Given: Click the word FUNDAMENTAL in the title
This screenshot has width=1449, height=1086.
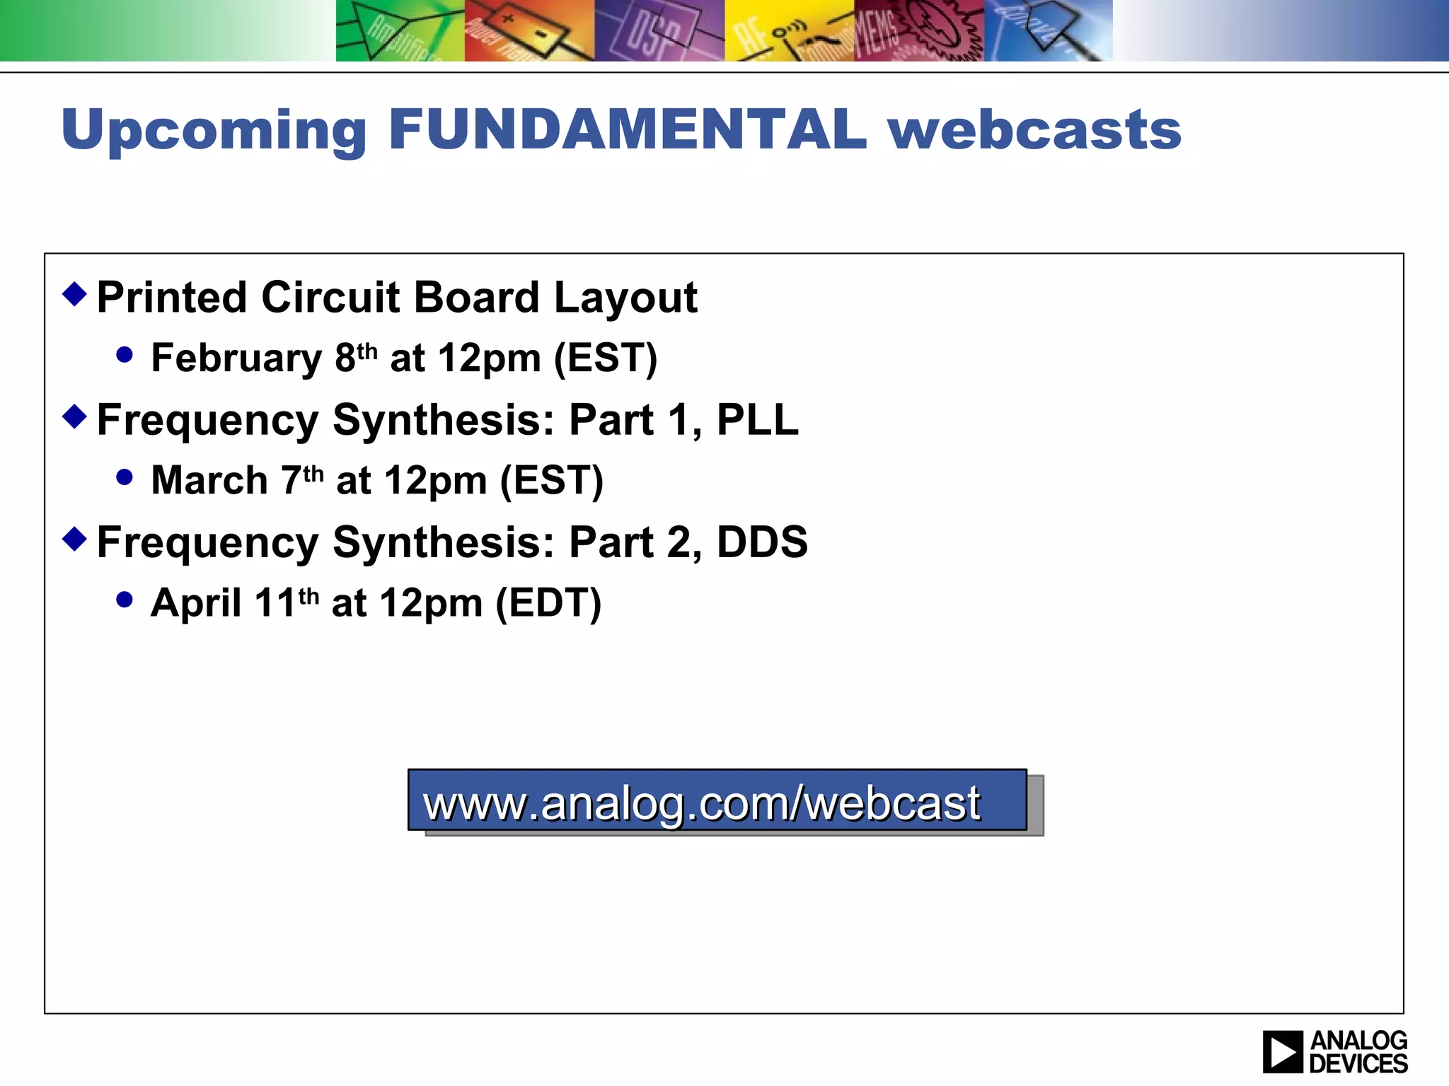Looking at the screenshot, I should (x=627, y=129).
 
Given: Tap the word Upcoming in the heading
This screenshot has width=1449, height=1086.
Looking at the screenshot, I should (x=214, y=131).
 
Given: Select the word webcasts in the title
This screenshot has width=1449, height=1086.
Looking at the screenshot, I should (x=1034, y=129).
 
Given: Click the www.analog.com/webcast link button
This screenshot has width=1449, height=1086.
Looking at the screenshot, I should (x=717, y=800).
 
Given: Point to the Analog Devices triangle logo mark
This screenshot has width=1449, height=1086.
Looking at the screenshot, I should (x=1282, y=1052).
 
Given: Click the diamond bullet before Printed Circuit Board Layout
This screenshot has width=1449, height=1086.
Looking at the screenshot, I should (x=74, y=293).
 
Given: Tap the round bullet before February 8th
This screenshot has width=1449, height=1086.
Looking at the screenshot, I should (x=125, y=355).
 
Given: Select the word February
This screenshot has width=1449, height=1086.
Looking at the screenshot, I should (x=236, y=358).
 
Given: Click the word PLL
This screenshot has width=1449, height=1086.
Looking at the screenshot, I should (x=757, y=420).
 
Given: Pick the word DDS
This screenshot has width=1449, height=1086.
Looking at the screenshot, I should (x=761, y=542).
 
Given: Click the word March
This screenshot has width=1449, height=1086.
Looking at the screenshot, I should (x=209, y=481).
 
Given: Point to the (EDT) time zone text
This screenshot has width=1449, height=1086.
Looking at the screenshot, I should (x=548, y=603).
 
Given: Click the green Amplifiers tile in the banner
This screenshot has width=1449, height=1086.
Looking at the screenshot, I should (x=400, y=30).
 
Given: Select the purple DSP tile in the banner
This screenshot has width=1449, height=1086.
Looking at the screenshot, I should (x=659, y=30).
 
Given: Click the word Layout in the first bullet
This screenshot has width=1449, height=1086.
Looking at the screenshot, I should (x=625, y=297).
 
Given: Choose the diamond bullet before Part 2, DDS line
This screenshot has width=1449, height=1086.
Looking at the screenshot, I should (x=74, y=539).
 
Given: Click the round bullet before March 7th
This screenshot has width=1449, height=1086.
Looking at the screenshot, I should (x=125, y=477).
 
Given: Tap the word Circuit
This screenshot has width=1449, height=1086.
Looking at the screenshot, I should (x=330, y=297).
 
